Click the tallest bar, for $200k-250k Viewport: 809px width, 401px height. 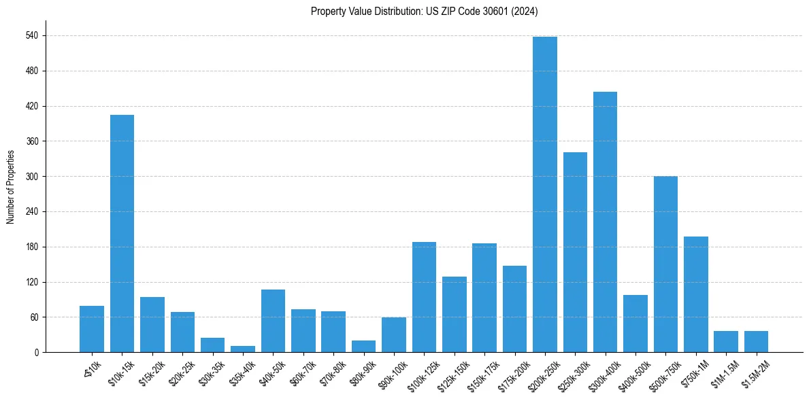click(544, 194)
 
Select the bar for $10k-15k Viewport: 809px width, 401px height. click(122, 233)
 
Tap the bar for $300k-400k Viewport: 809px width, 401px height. click(605, 222)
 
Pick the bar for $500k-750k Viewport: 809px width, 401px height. click(665, 264)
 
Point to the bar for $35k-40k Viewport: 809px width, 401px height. click(243, 349)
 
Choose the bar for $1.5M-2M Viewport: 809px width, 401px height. click(756, 341)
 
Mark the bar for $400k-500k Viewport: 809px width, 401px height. click(635, 324)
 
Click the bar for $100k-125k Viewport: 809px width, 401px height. click(424, 297)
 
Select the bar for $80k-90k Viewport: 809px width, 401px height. click(363, 346)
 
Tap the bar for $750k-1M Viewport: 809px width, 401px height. click(695, 294)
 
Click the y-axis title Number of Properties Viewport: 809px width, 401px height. click(10, 187)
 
